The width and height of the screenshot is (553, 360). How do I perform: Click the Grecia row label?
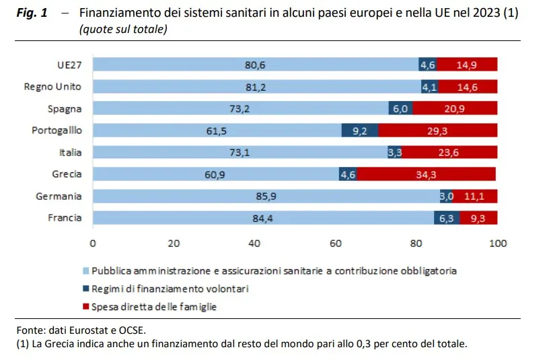[x=67, y=174]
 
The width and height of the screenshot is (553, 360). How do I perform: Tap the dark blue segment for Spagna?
[x=400, y=109]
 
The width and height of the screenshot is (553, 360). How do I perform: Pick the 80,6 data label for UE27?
[x=255, y=65]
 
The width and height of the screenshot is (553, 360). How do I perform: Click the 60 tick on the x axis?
[x=336, y=244]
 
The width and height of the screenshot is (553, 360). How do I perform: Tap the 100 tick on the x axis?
[x=498, y=244]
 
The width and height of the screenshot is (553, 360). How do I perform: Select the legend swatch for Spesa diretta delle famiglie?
[x=85, y=307]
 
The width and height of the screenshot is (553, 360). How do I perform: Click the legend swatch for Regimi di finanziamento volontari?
[x=85, y=289]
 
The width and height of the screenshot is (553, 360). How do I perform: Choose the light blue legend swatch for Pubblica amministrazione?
[x=85, y=271]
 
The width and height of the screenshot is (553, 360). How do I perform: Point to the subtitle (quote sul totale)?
[x=123, y=30]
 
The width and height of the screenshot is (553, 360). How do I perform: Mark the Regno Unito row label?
[x=52, y=87]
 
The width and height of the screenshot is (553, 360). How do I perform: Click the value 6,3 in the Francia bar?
[x=447, y=218]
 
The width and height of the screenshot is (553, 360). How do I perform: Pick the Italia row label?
[x=70, y=153]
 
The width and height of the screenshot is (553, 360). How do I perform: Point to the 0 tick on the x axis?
[x=93, y=244]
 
